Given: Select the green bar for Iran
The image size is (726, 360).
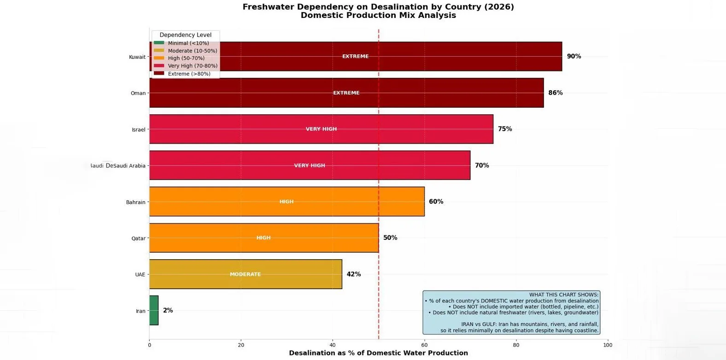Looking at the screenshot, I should [x=154, y=311].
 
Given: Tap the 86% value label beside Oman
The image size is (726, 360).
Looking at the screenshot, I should [x=555, y=93].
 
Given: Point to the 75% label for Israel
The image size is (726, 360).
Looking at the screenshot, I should [x=505, y=129].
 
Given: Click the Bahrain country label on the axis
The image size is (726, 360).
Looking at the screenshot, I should [x=135, y=202].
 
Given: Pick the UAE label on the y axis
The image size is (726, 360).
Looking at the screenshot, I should [x=140, y=275].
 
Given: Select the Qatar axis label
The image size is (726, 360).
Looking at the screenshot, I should [x=138, y=238].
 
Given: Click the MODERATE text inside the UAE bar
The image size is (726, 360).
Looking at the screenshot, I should [x=245, y=274].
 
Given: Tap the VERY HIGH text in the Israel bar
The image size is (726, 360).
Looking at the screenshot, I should [x=321, y=129].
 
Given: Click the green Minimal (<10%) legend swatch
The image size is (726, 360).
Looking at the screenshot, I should [x=159, y=43].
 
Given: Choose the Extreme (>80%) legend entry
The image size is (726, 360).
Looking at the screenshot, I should [x=189, y=74].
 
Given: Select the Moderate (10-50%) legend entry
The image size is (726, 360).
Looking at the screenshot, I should [x=192, y=51].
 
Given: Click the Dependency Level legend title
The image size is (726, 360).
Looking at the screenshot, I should [x=186, y=35].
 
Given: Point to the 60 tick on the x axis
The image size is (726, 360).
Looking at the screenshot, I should [x=424, y=345].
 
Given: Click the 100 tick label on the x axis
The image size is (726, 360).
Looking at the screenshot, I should [x=608, y=345].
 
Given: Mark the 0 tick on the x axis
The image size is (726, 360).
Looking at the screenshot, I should [x=149, y=345].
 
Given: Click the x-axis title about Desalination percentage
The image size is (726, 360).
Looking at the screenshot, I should [x=378, y=353].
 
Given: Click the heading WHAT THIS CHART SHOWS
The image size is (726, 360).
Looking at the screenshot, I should [x=564, y=295].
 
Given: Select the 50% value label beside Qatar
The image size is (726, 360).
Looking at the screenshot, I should [x=390, y=238].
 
